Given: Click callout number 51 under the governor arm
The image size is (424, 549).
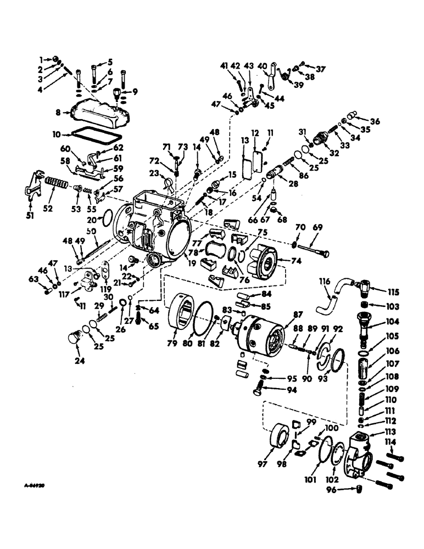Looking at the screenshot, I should point(30,216).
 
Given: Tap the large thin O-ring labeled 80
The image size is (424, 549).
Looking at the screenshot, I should point(202,318).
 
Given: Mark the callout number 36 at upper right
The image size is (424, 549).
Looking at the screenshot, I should point(375,121).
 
